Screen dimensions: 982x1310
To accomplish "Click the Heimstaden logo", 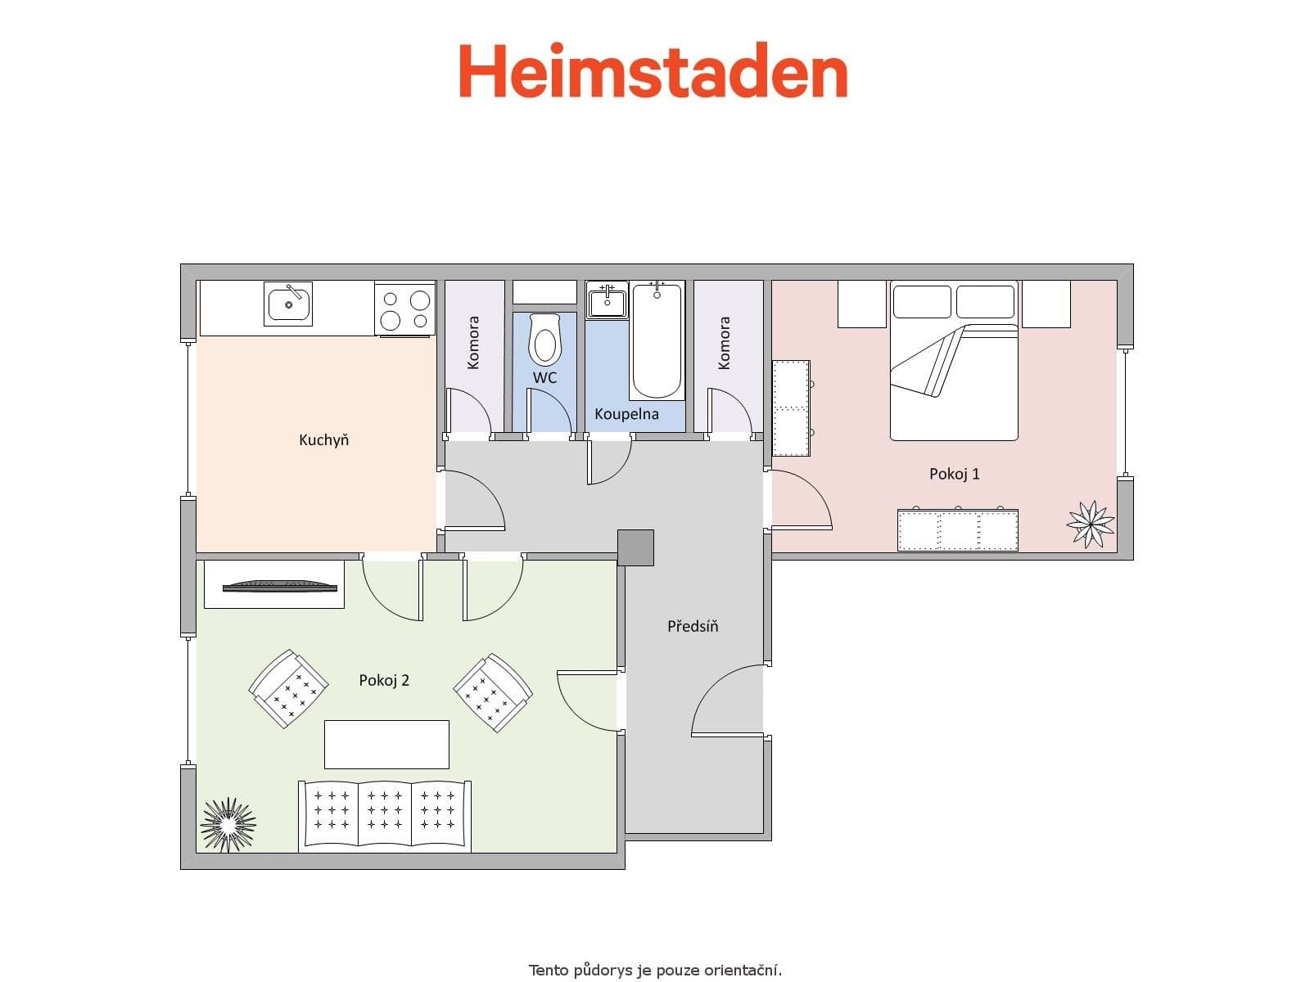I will click(x=653, y=72).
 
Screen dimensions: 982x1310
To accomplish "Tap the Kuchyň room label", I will click(x=323, y=440).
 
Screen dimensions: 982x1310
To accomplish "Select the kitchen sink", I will click(x=288, y=304).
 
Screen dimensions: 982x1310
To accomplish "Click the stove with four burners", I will click(x=404, y=309).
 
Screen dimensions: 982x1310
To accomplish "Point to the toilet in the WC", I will click(x=544, y=339).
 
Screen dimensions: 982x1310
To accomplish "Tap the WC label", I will click(x=544, y=377).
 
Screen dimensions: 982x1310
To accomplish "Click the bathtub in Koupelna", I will click(x=657, y=340).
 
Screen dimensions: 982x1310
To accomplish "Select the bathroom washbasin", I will click(x=607, y=300).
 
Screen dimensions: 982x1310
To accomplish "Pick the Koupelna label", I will click(x=626, y=414).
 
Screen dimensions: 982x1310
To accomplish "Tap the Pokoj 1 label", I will click(x=954, y=474).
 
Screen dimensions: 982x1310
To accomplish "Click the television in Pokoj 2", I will click(x=280, y=585).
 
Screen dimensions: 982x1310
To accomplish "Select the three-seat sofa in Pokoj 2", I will click(x=385, y=815).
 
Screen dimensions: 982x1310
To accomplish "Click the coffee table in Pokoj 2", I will click(x=386, y=744).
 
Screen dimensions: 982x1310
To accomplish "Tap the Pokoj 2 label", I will click(x=384, y=681).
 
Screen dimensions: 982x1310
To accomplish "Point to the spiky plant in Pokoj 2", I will click(x=228, y=824).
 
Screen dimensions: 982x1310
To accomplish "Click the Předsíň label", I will click(x=693, y=627).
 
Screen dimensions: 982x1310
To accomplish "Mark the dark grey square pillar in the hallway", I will click(x=635, y=547).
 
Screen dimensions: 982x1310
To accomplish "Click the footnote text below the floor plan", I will click(x=655, y=971).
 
